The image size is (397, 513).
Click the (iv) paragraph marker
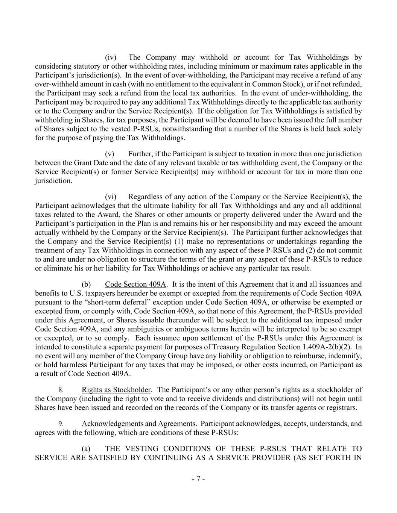point(110,58)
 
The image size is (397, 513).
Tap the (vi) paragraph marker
point(110,197)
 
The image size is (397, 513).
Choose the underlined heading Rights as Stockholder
point(116,390)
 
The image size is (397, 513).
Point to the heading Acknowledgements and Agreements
point(138,424)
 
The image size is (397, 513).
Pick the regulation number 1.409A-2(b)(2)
point(328,347)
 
